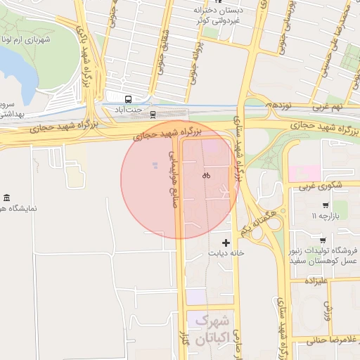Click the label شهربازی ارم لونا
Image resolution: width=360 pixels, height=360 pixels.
[27, 39]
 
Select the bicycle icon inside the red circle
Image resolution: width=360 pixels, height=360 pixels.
[206, 176]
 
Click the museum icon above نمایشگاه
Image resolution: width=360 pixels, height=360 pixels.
[7, 197]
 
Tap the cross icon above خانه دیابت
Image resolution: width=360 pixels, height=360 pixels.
[226, 243]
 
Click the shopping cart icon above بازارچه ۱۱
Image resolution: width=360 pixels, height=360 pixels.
[324, 206]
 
